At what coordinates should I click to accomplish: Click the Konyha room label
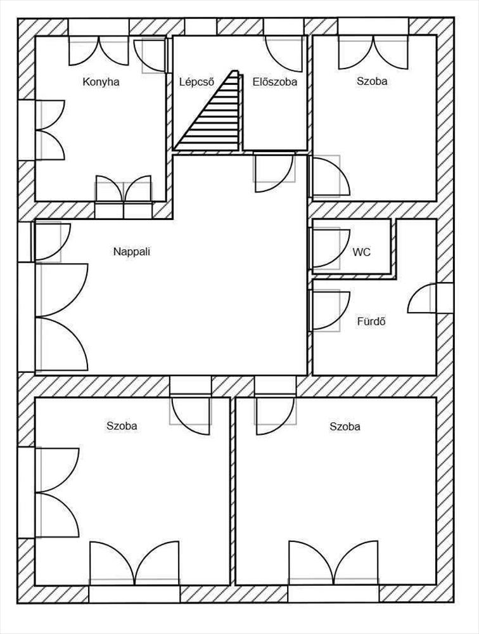pyautogui.click(x=101, y=82)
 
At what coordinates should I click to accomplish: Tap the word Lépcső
pyautogui.click(x=196, y=82)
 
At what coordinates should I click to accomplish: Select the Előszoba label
pyautogui.click(x=275, y=82)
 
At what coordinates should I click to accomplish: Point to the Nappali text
pyautogui.click(x=132, y=252)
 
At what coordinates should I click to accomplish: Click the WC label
pyautogui.click(x=361, y=252)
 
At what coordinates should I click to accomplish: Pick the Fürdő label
pyautogui.click(x=371, y=322)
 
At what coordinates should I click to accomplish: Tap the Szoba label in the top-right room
pyautogui.click(x=372, y=81)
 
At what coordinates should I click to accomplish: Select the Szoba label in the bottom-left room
pyautogui.click(x=122, y=426)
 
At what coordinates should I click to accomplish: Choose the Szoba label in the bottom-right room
pyautogui.click(x=345, y=427)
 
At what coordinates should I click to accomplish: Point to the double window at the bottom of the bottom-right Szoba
pyautogui.click(x=334, y=563)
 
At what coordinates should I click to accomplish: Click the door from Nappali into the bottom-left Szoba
pyautogui.click(x=190, y=411)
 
